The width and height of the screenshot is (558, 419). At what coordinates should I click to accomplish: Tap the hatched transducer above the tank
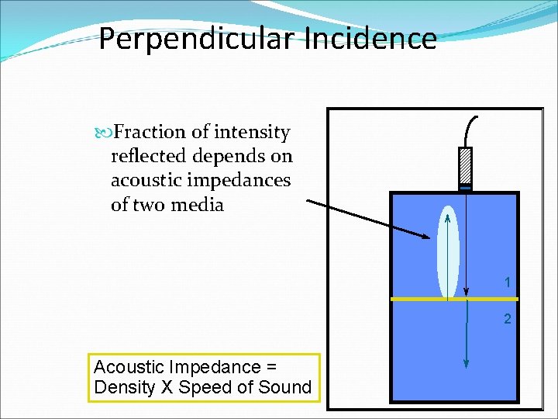[x=464, y=165]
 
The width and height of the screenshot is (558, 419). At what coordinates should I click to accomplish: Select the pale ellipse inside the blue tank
[x=449, y=252]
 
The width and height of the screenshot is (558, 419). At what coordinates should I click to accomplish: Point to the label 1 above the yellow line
[x=508, y=283]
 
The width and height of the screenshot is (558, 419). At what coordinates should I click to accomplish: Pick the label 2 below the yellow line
[x=508, y=319]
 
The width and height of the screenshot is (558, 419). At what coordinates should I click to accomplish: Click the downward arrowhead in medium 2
[x=467, y=363]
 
